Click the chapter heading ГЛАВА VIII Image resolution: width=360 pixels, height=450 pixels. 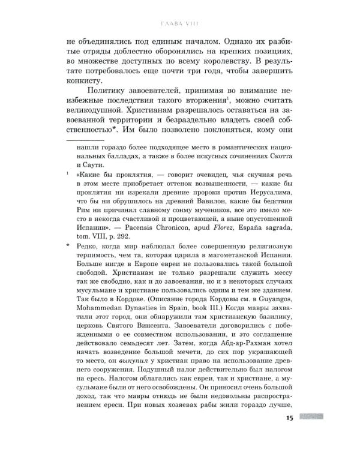pos(180,25)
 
